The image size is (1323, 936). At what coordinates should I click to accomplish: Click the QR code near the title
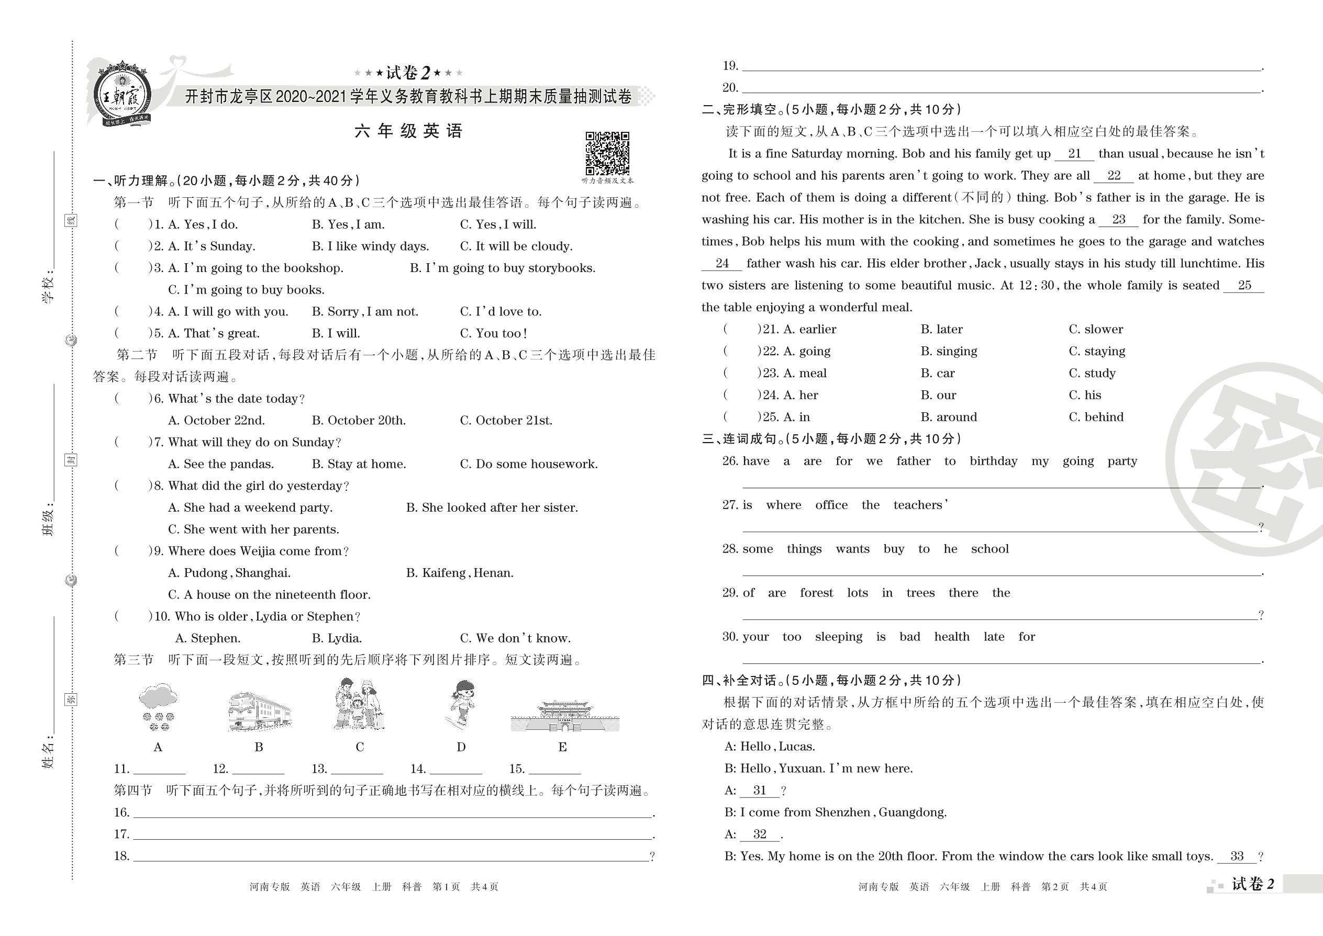[607, 153]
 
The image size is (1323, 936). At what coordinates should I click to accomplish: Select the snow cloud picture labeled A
[158, 707]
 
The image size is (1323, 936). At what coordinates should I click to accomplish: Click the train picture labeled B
[259, 711]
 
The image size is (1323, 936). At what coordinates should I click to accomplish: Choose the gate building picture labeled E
[564, 716]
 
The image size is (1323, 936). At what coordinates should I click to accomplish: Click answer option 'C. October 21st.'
[506, 421]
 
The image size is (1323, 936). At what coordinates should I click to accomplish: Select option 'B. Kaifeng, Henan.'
[460, 573]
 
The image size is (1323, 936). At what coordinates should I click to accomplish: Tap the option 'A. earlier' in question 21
[809, 329]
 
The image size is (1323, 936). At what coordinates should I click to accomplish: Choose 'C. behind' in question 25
[1096, 416]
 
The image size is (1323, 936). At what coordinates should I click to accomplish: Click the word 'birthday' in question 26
[993, 461]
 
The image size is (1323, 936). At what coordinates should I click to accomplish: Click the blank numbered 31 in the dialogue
[760, 791]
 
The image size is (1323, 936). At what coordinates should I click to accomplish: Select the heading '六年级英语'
[408, 131]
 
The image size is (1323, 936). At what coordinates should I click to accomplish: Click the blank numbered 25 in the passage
[1244, 286]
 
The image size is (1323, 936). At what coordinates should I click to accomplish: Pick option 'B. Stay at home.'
[359, 465]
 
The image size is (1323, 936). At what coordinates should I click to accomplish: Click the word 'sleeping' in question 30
[839, 637]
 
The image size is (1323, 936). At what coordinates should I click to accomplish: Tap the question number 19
[730, 66]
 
